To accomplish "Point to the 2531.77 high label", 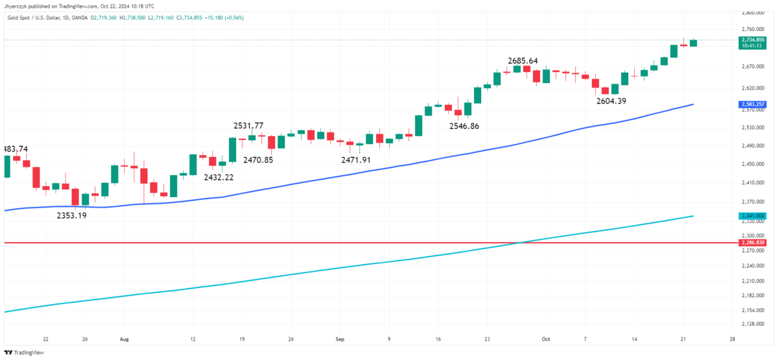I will (249, 126).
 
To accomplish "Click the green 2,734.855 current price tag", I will (753, 40).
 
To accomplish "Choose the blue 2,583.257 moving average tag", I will (753, 104).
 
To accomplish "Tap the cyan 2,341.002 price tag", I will (753, 215).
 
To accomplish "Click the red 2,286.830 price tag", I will (753, 243).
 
